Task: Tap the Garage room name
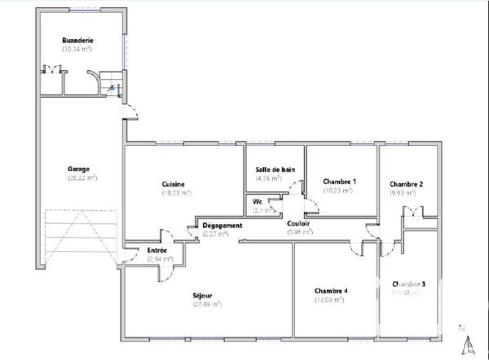(79, 169)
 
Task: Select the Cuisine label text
(173, 184)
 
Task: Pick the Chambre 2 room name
(406, 184)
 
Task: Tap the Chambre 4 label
(331, 291)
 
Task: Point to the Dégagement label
(222, 225)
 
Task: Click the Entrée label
(158, 250)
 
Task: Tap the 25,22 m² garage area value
(81, 178)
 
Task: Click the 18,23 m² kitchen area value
(175, 193)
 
